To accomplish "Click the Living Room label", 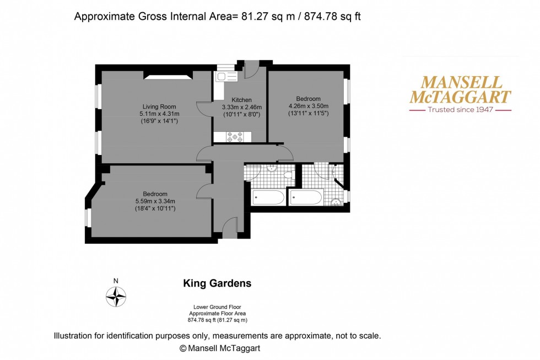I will pyautogui.click(x=159, y=106).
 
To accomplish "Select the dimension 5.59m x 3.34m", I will pyautogui.click(x=155, y=201).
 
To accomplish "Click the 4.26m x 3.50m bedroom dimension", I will pyautogui.click(x=308, y=106).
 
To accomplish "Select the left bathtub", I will pyautogui.click(x=268, y=197).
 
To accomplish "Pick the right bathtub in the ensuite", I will pyautogui.click(x=306, y=197).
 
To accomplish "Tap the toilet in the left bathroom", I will pyautogui.click(x=288, y=174).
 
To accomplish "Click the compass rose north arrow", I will pyautogui.click(x=116, y=297).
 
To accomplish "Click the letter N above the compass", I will pyautogui.click(x=116, y=281).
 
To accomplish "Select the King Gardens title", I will pyautogui.click(x=217, y=283).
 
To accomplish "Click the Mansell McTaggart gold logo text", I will pyautogui.click(x=460, y=90).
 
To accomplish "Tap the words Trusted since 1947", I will pyautogui.click(x=460, y=110).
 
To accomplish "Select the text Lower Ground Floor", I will pyautogui.click(x=217, y=307).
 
